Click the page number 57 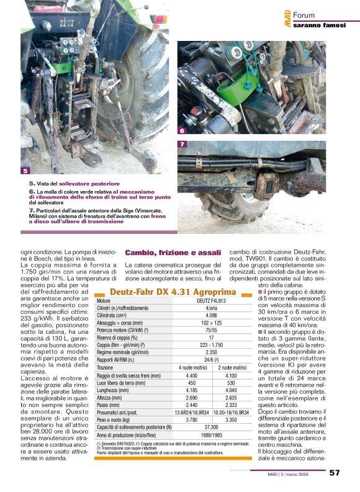tap(335, 473)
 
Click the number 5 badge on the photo tap(25, 171)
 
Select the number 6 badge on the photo tap(182, 131)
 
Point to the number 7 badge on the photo tap(182, 145)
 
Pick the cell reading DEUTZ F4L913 tap(202, 301)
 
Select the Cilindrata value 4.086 tap(202, 315)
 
